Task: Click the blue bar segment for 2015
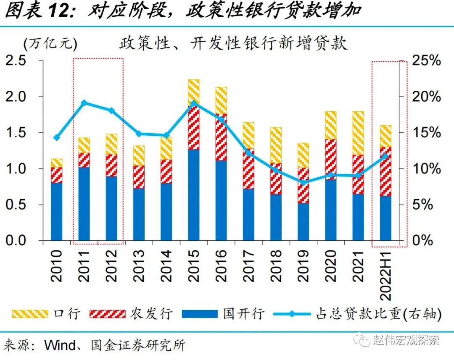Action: click(193, 195)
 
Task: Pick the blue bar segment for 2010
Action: click(56, 212)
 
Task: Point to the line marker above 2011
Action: click(84, 102)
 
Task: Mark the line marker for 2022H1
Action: click(385, 156)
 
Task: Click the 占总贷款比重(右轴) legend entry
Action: click(357, 314)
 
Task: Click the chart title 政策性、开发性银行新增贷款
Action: click(233, 43)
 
